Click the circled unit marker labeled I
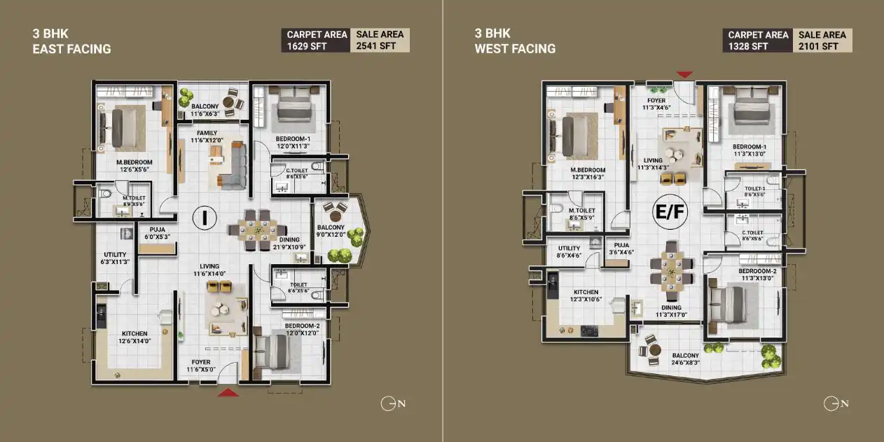click(205, 217)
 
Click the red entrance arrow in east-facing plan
click(227, 393)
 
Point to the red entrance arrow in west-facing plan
click(684, 74)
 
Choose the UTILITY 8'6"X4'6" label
click(569, 252)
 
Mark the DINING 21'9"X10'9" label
click(289, 242)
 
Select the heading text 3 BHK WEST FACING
click(515, 41)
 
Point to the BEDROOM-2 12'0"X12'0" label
click(303, 329)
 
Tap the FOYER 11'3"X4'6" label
click(656, 104)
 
